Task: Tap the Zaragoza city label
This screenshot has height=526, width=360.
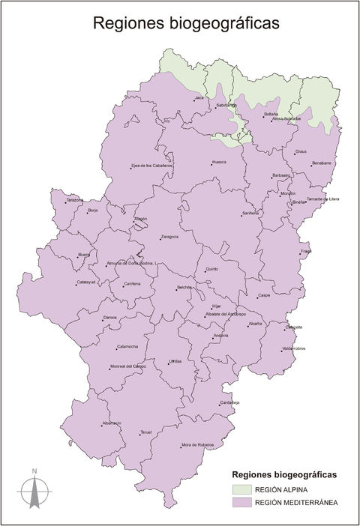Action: pyautogui.click(x=170, y=237)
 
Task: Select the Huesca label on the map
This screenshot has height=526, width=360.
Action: pyautogui.click(x=219, y=162)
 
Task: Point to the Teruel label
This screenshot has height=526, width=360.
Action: pyautogui.click(x=146, y=432)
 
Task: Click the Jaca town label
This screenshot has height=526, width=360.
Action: pyautogui.click(x=199, y=98)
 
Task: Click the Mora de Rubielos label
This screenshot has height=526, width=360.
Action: pyautogui.click(x=197, y=445)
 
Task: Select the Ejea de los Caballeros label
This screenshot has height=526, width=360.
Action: pyautogui.click(x=152, y=166)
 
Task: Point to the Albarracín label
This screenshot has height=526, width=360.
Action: pyautogui.click(x=112, y=423)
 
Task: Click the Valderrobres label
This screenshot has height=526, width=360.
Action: pyautogui.click(x=294, y=348)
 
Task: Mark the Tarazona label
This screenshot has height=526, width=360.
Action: pyautogui.click(x=75, y=200)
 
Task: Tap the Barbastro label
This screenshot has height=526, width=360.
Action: pyautogui.click(x=281, y=175)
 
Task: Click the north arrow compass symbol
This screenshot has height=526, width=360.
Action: pyautogui.click(x=34, y=490)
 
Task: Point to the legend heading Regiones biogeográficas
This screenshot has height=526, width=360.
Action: pyautogui.click(x=285, y=475)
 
